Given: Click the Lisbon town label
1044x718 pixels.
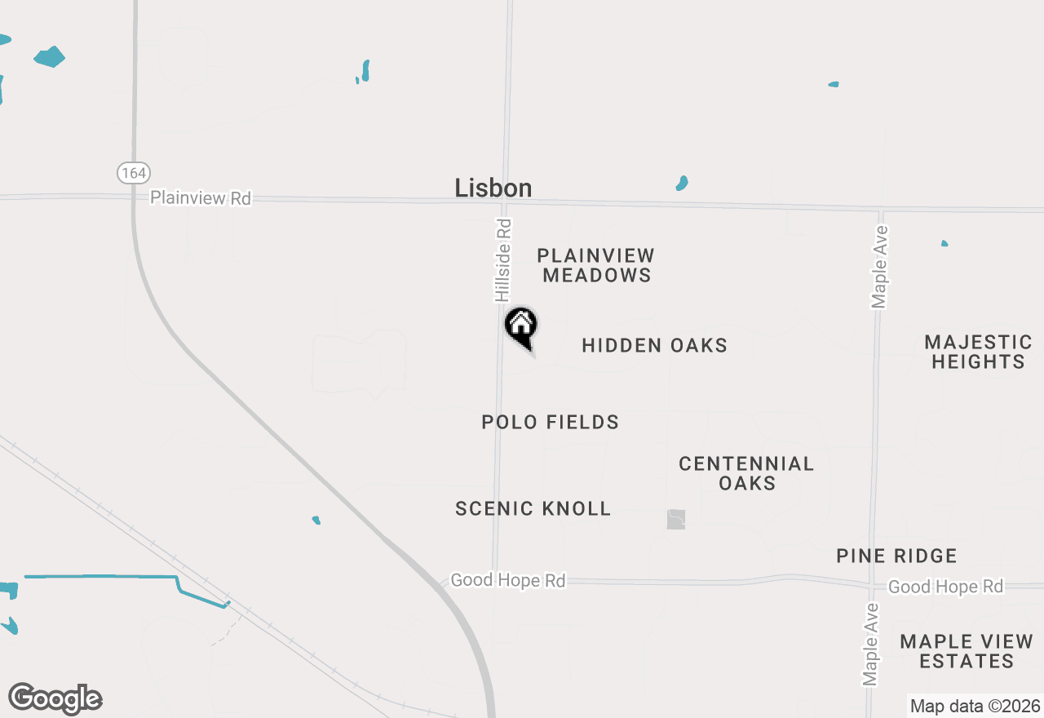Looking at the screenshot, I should click(x=493, y=188).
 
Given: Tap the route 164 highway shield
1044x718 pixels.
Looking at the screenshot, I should click(x=133, y=173).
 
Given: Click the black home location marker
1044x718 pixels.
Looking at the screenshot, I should click(x=521, y=326).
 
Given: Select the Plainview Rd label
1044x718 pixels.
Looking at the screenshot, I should click(x=201, y=197).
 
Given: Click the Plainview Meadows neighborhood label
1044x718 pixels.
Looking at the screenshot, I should click(x=596, y=265).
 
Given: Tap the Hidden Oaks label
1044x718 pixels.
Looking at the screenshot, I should click(x=654, y=346).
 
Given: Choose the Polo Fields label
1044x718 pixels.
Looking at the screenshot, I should click(x=550, y=422).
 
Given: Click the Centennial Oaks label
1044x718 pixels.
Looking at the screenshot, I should click(x=746, y=473).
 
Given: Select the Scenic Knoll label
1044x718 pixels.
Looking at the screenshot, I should click(x=533, y=508).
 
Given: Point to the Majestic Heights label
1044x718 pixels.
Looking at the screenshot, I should click(x=978, y=352).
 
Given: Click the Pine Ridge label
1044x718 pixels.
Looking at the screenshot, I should click(x=896, y=556).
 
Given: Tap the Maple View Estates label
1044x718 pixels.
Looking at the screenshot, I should click(x=967, y=651).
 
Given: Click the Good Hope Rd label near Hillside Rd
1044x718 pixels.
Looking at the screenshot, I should click(x=507, y=580).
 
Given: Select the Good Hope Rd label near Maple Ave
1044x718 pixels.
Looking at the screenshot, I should click(x=945, y=587).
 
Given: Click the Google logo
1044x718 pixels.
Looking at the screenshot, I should click(x=55, y=699).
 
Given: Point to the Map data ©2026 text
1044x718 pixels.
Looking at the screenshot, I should click(x=975, y=706).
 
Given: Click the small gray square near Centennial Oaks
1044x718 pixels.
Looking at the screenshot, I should click(x=676, y=519).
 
